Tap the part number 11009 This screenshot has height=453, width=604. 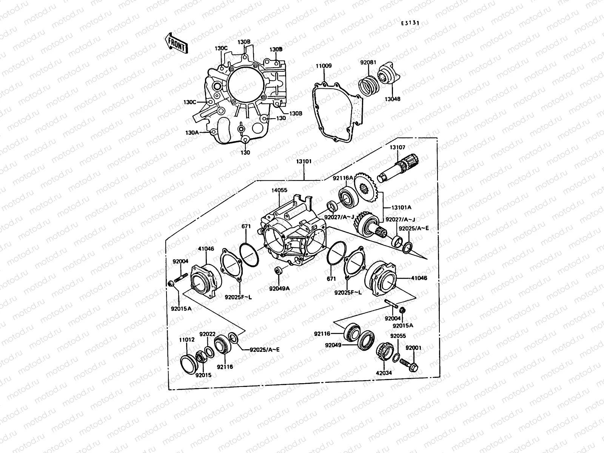[324, 66]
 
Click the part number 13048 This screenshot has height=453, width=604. [393, 99]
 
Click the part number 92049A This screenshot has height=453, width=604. [279, 288]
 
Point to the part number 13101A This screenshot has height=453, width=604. [401, 207]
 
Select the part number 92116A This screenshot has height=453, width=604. [343, 177]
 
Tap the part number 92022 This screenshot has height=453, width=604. [207, 334]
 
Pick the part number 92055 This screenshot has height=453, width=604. [398, 335]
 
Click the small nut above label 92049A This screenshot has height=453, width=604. [279, 271]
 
